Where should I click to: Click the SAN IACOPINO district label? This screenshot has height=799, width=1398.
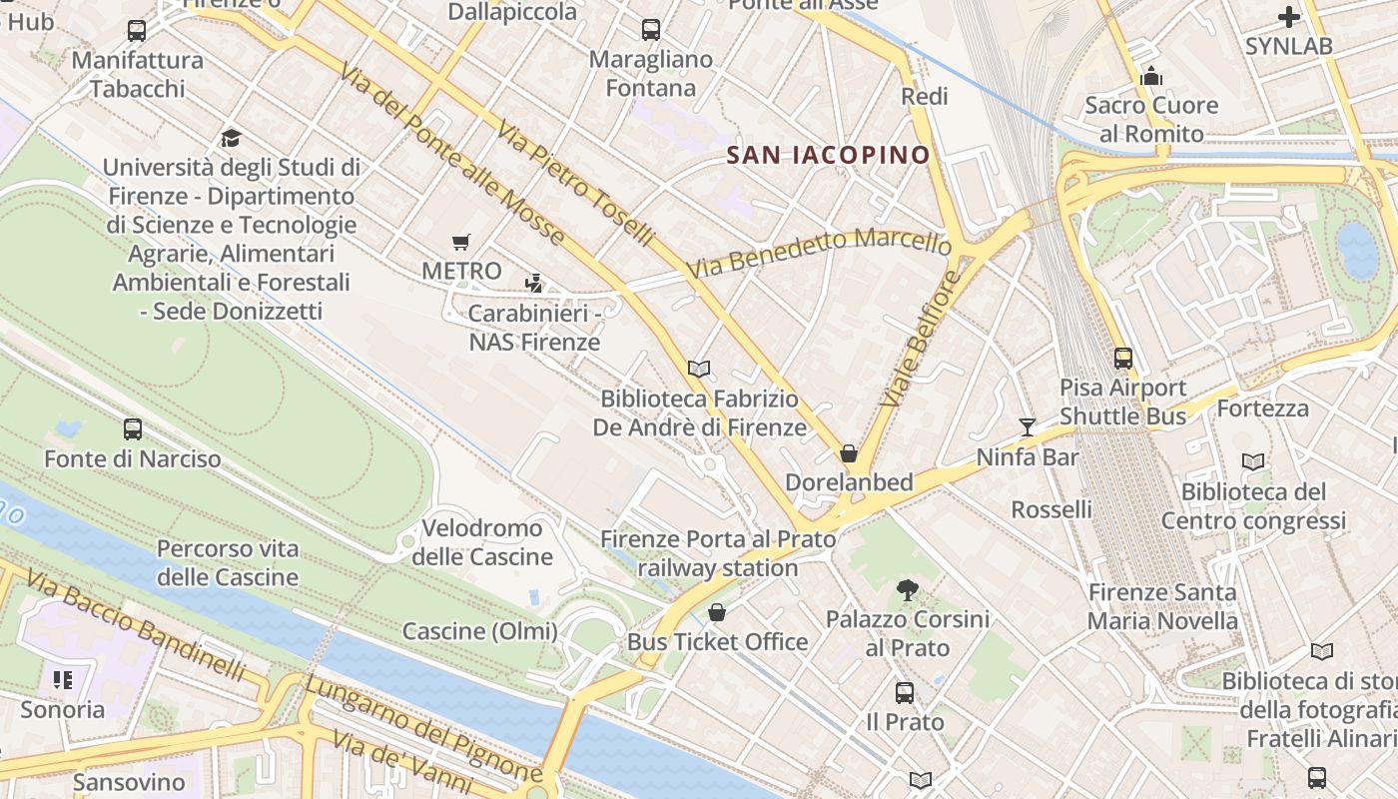[828, 155]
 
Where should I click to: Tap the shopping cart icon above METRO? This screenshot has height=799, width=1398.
[460, 242]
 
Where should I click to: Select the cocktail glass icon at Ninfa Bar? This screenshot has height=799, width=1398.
[1028, 427]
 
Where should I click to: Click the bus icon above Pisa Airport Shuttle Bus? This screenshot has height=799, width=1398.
[1123, 358]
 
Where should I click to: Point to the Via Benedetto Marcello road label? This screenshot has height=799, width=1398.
[819, 254]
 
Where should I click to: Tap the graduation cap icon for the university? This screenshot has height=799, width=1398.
[232, 138]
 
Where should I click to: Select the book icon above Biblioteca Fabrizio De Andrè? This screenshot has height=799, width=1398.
[699, 369]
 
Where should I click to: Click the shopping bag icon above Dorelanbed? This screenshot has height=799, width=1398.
[849, 453]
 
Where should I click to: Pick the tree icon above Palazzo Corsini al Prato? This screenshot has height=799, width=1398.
[908, 589]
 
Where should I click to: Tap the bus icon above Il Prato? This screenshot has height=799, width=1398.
[905, 692]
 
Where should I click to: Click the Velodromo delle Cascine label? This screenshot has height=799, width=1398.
[482, 542]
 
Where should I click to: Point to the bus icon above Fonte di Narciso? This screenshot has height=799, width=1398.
[133, 429]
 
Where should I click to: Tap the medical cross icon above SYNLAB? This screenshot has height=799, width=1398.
[1289, 16]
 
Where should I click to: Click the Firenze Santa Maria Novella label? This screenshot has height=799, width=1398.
[1162, 606]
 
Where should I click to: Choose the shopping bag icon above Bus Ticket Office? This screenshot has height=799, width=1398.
[717, 612]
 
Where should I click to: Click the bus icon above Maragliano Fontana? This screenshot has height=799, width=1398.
[651, 30]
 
